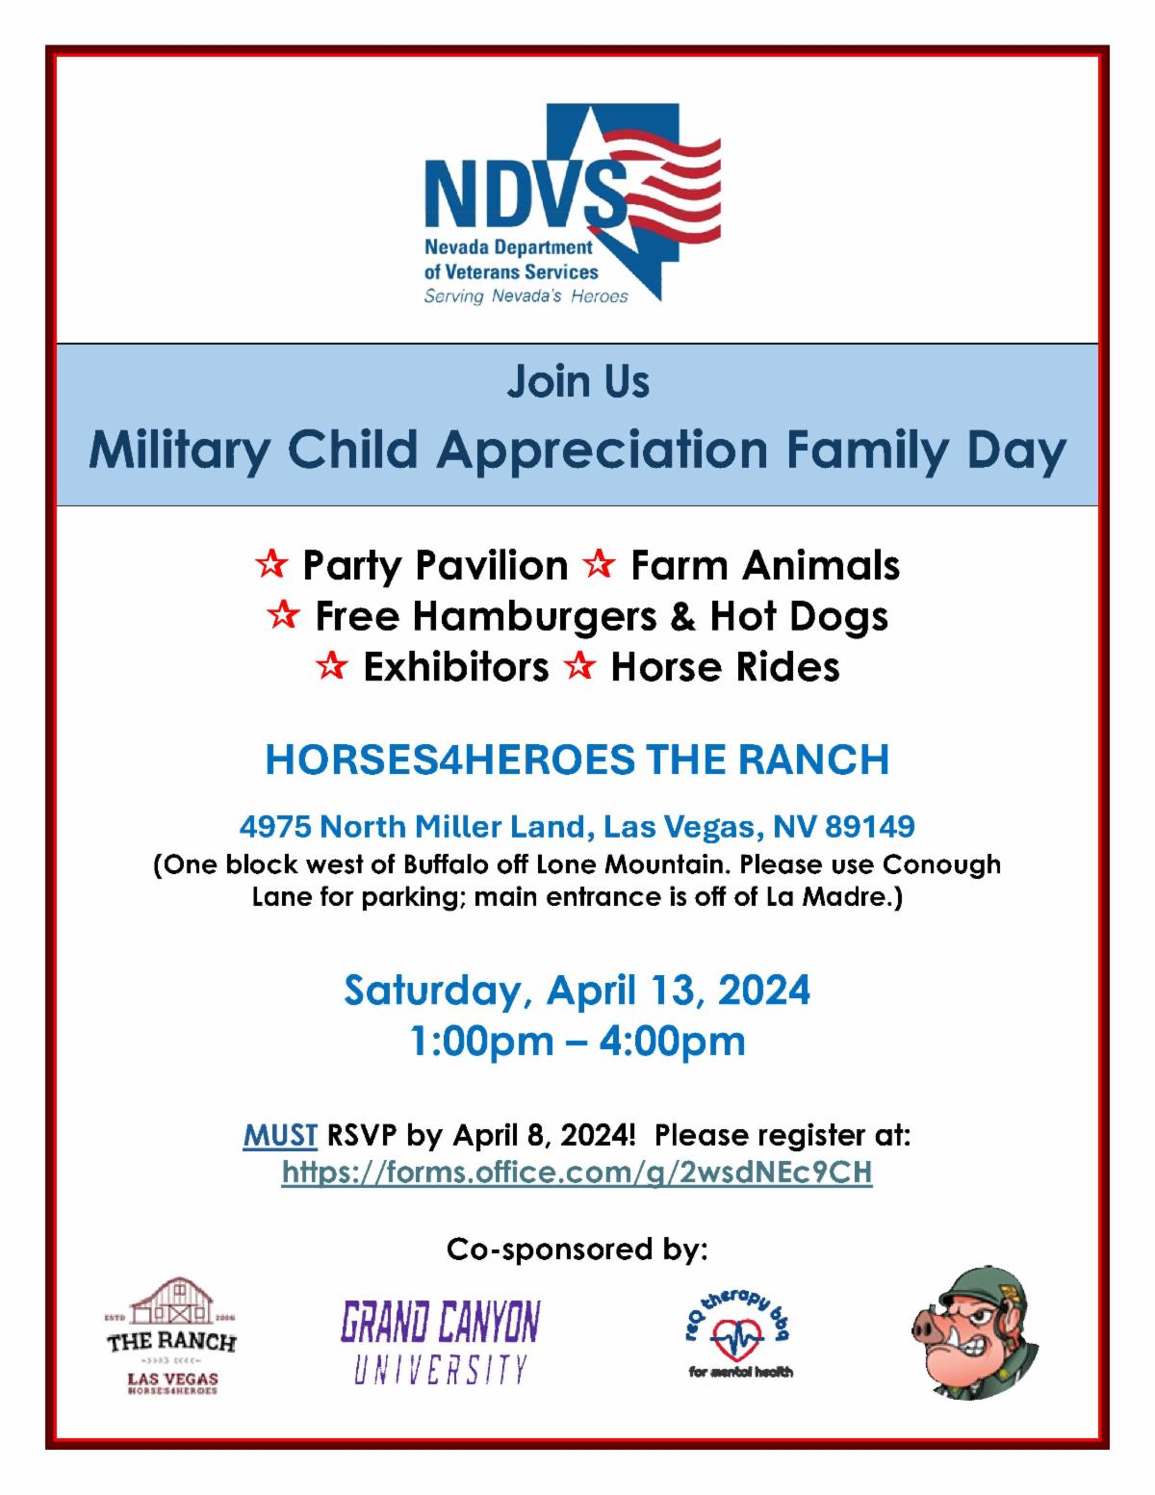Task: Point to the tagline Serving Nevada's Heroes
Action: pyautogui.click(x=526, y=296)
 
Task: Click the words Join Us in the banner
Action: pyautogui.click(x=577, y=381)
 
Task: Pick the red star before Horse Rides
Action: pyautogui.click(x=579, y=667)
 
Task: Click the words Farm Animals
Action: pyautogui.click(x=764, y=565)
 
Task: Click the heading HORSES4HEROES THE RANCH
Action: pyautogui.click(x=577, y=760)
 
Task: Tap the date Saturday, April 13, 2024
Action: pyautogui.click(x=577, y=990)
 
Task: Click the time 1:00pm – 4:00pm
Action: pyautogui.click(x=577, y=1041)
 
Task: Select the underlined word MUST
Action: pyautogui.click(x=280, y=1136)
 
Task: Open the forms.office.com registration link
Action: pyautogui.click(x=577, y=1173)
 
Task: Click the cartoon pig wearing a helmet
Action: pyautogui.click(x=974, y=1333)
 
